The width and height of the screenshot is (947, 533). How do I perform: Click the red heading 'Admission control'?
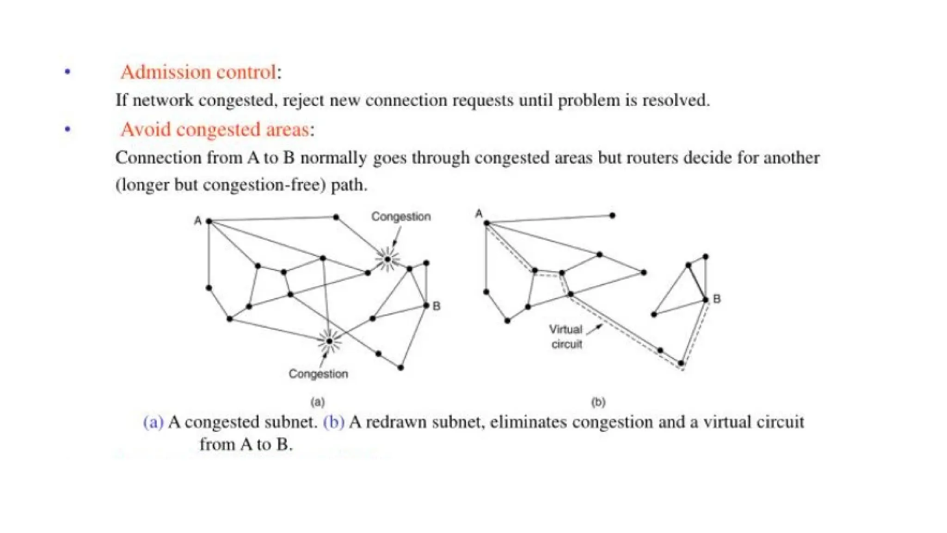(x=198, y=72)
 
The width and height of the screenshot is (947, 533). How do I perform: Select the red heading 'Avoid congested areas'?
(x=215, y=130)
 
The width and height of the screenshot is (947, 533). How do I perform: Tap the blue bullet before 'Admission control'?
(x=68, y=72)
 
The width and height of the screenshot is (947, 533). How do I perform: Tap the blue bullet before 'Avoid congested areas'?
(x=68, y=129)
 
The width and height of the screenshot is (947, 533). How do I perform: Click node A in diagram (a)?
(x=209, y=222)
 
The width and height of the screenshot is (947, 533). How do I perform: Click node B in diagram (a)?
(x=426, y=305)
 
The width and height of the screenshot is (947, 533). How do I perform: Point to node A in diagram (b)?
(x=486, y=223)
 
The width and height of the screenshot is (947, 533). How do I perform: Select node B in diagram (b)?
(x=706, y=300)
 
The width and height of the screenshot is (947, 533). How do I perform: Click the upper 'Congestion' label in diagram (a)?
(x=401, y=217)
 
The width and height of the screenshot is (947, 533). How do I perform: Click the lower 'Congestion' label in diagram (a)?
(x=318, y=374)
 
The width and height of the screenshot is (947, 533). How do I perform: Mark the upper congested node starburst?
(x=387, y=260)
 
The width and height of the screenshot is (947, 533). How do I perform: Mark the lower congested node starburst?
(x=329, y=341)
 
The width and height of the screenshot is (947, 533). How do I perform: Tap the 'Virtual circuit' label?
(x=566, y=336)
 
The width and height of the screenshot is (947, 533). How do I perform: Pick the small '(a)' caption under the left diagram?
(x=318, y=402)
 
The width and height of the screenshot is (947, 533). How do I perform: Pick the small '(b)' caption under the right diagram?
(x=598, y=402)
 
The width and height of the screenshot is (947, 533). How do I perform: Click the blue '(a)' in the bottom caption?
(x=154, y=422)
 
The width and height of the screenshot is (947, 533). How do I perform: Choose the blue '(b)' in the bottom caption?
(x=333, y=422)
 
